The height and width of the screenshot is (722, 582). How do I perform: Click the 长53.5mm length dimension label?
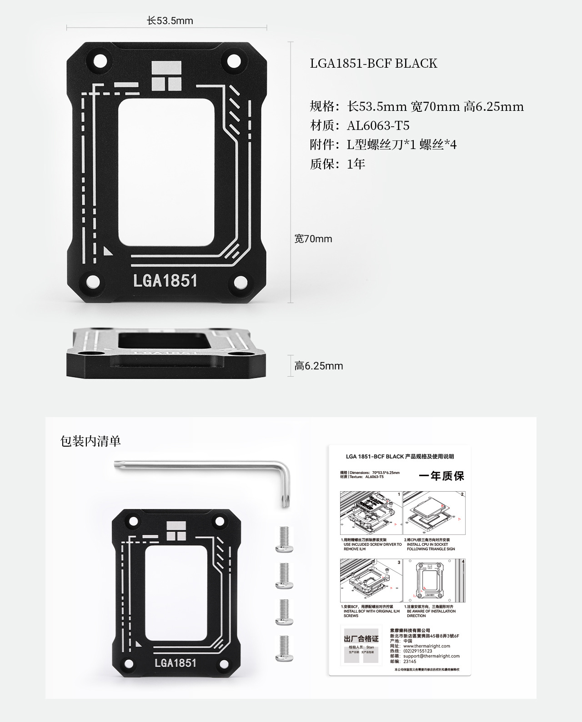click(170, 21)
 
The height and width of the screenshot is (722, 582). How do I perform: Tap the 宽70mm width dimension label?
click(313, 239)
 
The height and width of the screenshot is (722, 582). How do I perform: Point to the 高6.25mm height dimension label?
click(319, 366)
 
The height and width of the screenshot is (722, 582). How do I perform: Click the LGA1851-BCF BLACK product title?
click(373, 63)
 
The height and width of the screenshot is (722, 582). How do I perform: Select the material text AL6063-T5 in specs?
click(378, 125)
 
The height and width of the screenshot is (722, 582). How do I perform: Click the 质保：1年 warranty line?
click(338, 164)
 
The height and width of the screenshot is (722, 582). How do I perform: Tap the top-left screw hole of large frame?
click(99, 62)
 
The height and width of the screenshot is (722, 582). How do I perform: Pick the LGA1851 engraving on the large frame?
click(165, 280)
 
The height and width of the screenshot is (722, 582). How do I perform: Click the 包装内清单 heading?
click(90, 441)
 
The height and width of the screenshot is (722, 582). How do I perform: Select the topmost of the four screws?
click(284, 539)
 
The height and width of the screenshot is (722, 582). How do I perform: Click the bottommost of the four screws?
click(284, 648)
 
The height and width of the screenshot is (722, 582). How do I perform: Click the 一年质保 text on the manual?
click(441, 476)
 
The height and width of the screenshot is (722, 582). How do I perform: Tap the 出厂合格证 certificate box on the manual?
click(361, 645)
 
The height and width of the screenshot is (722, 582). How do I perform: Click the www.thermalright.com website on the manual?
click(426, 646)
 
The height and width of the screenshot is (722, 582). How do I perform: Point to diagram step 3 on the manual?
click(371, 580)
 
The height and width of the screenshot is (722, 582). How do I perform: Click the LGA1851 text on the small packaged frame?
click(175, 662)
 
